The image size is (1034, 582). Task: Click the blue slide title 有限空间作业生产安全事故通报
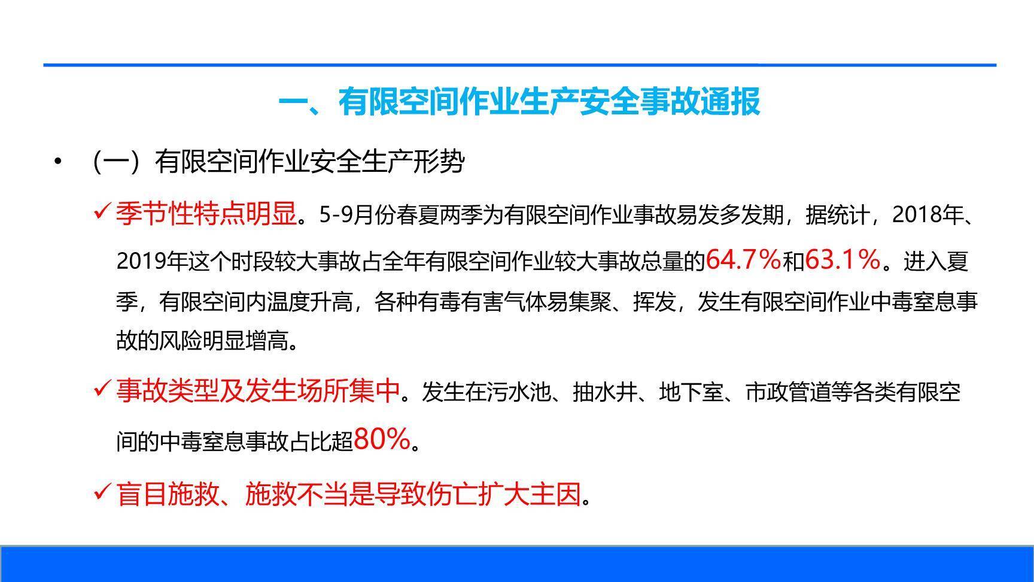tap(519, 101)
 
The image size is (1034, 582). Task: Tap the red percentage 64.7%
tap(743, 259)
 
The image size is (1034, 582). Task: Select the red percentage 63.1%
tap(843, 259)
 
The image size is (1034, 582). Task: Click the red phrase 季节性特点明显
tap(206, 213)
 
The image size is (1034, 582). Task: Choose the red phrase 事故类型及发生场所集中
tap(258, 391)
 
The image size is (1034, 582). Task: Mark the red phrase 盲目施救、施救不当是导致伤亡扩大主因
tap(348, 494)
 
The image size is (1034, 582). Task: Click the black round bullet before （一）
tap(57, 161)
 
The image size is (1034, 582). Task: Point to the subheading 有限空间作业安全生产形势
tap(309, 162)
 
